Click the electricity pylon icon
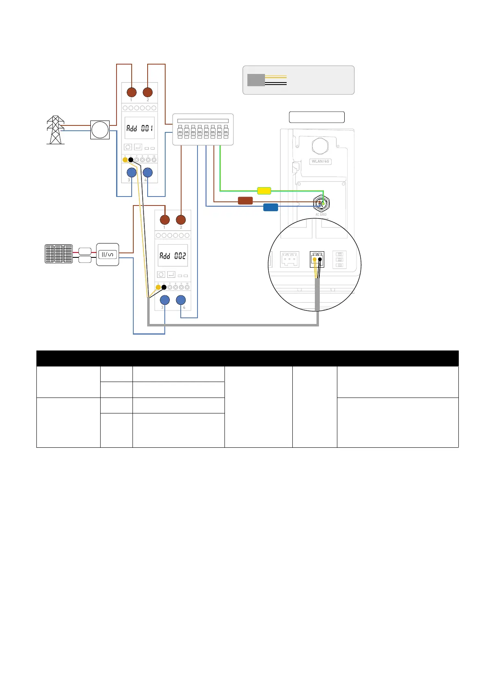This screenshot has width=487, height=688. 56,130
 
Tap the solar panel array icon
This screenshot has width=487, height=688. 58,254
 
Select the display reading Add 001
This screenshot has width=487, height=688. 139,128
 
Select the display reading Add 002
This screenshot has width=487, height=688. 173,256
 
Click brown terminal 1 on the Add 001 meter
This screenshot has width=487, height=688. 132,92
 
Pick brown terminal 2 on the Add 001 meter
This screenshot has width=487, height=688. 148,92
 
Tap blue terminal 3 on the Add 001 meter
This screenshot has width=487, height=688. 132,173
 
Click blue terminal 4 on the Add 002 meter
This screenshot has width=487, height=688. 181,300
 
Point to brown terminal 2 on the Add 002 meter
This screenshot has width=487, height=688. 181,220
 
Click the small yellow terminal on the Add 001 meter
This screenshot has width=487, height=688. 125,160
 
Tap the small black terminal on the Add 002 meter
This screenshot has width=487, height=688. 164,287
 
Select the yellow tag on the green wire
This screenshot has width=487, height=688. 264,190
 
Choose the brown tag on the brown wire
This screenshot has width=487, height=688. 245,201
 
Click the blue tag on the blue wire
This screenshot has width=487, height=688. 271,207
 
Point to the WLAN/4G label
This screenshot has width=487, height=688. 320,161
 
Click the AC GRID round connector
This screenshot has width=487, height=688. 321,203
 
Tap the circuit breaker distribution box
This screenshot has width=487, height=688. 203,130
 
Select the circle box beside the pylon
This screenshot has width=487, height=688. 100,130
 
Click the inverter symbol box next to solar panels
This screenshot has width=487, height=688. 108,255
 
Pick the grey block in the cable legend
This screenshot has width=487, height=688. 256,80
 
